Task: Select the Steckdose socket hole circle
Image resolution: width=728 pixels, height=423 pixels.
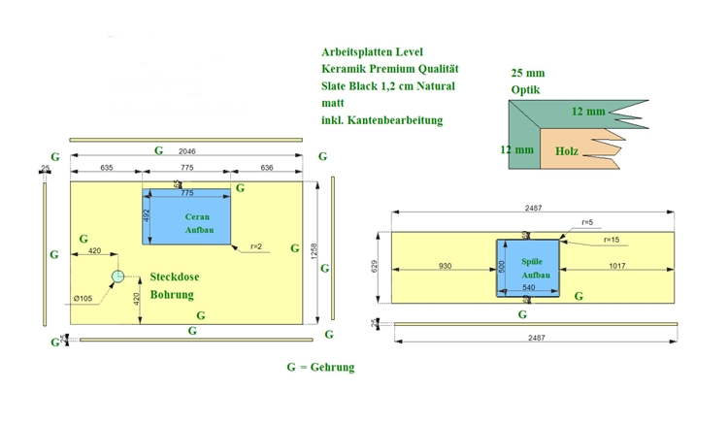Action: (117, 276)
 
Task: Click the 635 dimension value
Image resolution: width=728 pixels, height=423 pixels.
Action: (107, 168)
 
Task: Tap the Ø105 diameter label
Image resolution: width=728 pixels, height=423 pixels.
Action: (83, 298)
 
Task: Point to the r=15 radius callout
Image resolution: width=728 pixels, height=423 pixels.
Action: (612, 240)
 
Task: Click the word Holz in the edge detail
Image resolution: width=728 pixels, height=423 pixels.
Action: (567, 151)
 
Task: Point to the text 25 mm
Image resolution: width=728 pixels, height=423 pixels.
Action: (527, 74)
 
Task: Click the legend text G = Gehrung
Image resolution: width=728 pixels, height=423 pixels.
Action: (320, 368)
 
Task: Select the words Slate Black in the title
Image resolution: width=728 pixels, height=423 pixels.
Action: (350, 86)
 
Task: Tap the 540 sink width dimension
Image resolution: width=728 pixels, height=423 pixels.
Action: (529, 288)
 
